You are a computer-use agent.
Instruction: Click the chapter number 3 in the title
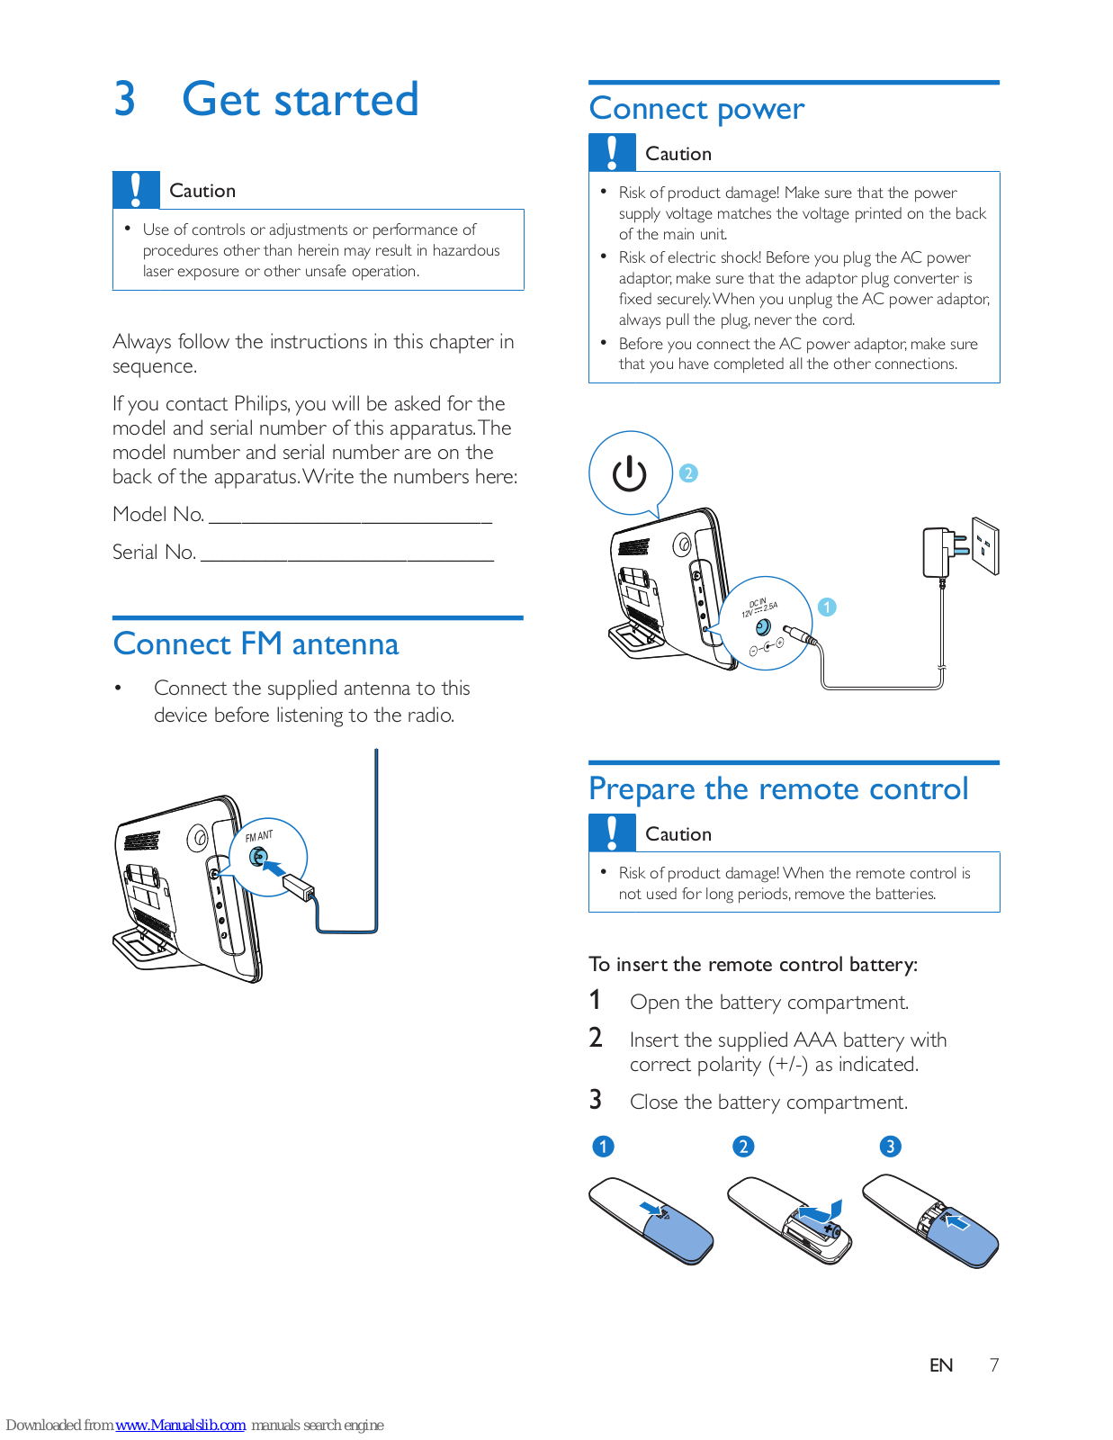pyautogui.click(x=124, y=99)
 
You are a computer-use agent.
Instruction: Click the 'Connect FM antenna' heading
pyautogui.click(x=256, y=644)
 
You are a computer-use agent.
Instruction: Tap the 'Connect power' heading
pyautogui.click(x=696, y=109)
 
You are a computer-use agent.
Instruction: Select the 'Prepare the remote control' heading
pyautogui.click(x=778, y=789)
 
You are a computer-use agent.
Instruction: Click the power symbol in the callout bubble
pyautogui.click(x=629, y=473)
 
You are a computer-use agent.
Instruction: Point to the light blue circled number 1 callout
pyautogui.click(x=827, y=607)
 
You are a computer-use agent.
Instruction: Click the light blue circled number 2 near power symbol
pyautogui.click(x=688, y=473)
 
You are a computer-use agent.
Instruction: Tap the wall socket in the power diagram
pyautogui.click(x=985, y=545)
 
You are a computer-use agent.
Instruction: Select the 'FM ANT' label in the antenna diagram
pyautogui.click(x=259, y=836)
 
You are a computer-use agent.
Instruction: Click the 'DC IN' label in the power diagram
pyautogui.click(x=758, y=603)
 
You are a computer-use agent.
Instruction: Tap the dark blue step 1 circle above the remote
pyautogui.click(x=603, y=1147)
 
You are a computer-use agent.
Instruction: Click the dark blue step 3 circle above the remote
pyautogui.click(x=890, y=1147)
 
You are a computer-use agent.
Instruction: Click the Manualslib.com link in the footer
pyautogui.click(x=180, y=1426)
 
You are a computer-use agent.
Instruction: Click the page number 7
pyautogui.click(x=994, y=1365)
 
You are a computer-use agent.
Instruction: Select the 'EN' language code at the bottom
pyautogui.click(x=941, y=1365)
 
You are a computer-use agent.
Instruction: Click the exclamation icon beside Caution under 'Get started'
pyautogui.click(x=136, y=190)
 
